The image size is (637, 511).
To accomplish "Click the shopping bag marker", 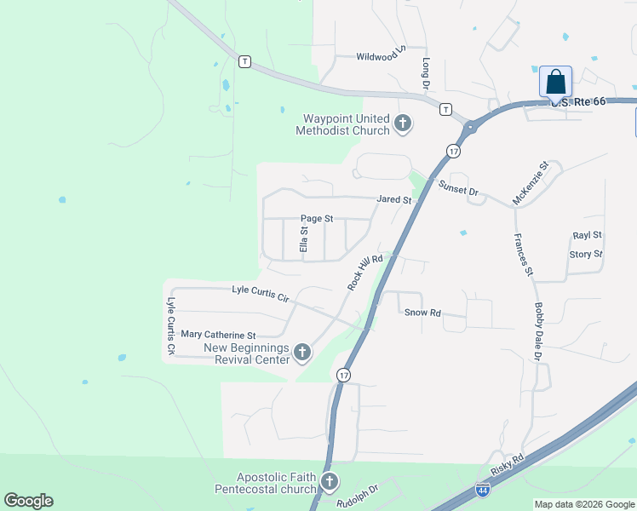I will click(x=555, y=83).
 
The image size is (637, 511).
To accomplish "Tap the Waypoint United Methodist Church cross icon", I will click(x=402, y=125).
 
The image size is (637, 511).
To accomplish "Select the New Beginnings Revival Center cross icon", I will click(x=301, y=353).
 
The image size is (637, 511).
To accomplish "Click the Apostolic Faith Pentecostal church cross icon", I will click(x=330, y=483).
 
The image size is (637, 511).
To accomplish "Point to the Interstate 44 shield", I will click(x=482, y=490).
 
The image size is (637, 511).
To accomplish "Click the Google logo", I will click(x=28, y=501).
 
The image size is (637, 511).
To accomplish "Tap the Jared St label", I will click(x=394, y=200).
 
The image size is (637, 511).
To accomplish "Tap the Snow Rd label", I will click(x=422, y=313).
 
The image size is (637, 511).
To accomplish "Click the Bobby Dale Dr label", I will click(x=538, y=331).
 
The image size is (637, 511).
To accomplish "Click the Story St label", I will click(x=586, y=254).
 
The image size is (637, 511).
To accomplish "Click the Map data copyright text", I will click(x=583, y=503).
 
